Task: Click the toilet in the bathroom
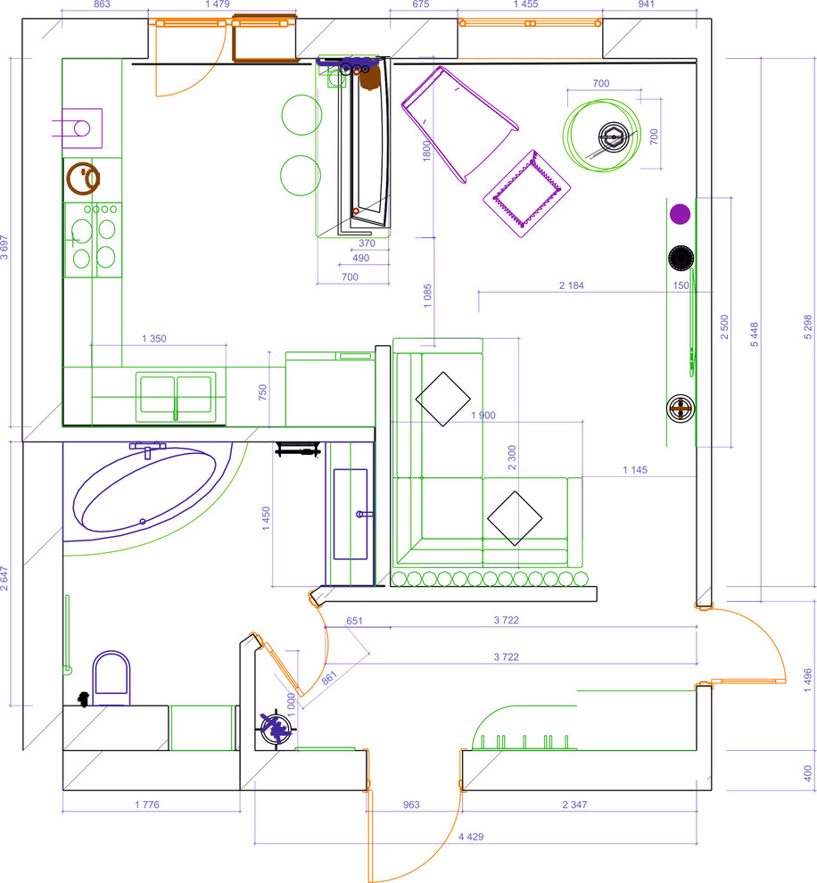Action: [x=111, y=678]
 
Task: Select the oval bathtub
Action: [x=144, y=490]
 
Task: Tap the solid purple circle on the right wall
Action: [x=681, y=215]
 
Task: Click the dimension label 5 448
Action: [x=755, y=334]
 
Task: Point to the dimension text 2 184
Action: [x=572, y=285]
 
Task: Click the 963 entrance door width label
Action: [x=411, y=805]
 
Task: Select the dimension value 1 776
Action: [x=147, y=805]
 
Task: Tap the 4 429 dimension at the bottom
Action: [x=471, y=837]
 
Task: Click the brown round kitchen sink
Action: [x=83, y=178]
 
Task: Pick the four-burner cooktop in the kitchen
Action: [x=94, y=240]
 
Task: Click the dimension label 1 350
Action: [x=153, y=338]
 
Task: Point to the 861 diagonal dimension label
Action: [x=329, y=678]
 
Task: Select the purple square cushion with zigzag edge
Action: [x=527, y=194]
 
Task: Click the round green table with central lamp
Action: [x=601, y=136]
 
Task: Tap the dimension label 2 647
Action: [x=4, y=578]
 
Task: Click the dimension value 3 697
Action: [x=4, y=247]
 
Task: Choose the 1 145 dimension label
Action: [x=635, y=470]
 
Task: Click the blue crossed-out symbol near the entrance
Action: [x=276, y=728]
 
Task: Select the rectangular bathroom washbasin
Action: [x=351, y=514]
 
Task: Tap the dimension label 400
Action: [x=808, y=773]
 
